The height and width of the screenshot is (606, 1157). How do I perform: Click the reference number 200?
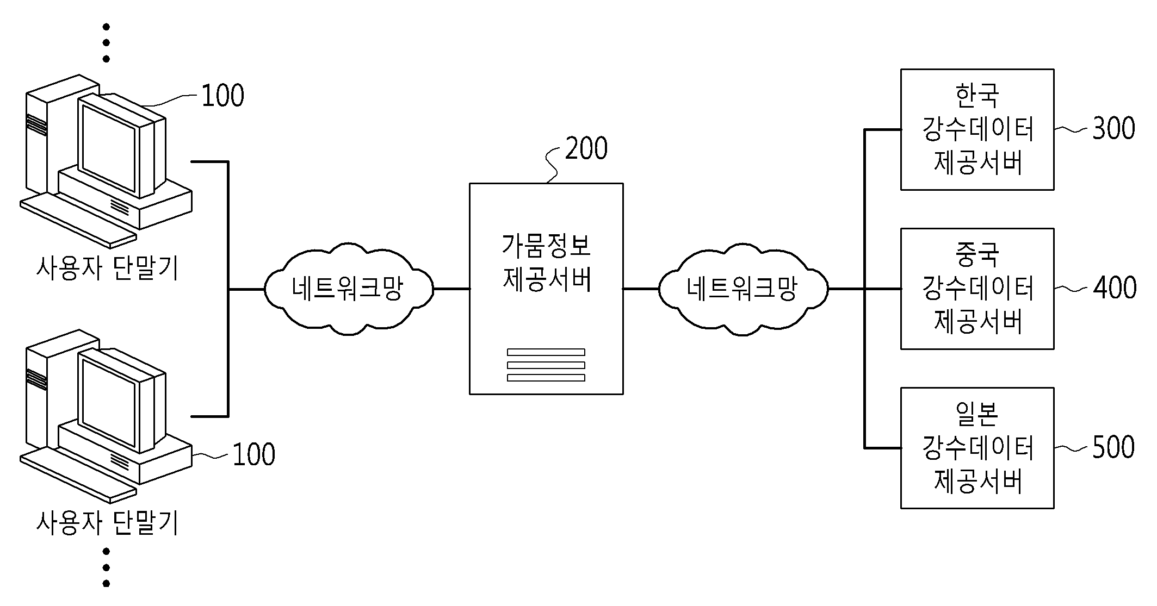tap(586, 148)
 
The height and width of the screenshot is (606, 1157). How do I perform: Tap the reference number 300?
tap(1113, 129)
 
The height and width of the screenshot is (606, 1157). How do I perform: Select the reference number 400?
tap(1115, 288)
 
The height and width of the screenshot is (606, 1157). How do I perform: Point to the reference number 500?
tap(1113, 447)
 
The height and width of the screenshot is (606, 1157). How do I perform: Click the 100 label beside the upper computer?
tap(222, 96)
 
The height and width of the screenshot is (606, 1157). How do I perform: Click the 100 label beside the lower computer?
tap(253, 455)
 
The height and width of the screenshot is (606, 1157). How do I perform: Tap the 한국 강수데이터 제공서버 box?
tap(977, 129)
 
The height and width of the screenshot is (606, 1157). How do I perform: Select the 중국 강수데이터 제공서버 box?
tap(977, 289)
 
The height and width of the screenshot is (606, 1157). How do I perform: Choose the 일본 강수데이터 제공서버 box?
tap(977, 448)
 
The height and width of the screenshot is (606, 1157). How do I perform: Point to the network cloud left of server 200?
tap(349, 289)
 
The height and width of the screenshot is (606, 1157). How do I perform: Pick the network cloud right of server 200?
tap(743, 289)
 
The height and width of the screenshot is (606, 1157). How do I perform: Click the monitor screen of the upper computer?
tap(108, 146)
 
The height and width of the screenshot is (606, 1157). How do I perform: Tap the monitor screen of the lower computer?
tap(108, 401)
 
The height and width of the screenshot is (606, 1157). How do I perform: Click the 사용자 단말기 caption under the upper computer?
tap(107, 268)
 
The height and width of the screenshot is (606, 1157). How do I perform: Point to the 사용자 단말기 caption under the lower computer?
tap(107, 523)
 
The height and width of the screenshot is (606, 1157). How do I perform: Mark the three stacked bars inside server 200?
tap(546, 365)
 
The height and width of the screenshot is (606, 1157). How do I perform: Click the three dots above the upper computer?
tap(106, 42)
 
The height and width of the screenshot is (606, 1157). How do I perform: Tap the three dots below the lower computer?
tap(106, 567)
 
